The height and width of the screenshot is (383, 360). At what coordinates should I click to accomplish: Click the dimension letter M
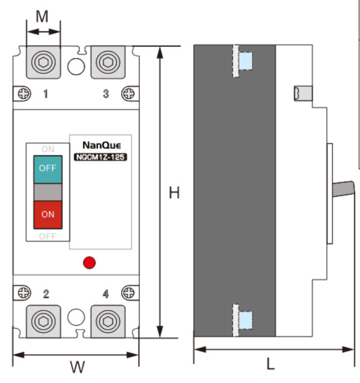[42, 16]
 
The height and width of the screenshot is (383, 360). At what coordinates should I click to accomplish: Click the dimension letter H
[174, 193]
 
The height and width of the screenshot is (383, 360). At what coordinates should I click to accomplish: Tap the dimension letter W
[77, 367]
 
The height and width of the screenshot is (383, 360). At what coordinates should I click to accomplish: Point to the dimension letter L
[270, 364]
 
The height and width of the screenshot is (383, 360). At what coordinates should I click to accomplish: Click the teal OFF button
[48, 168]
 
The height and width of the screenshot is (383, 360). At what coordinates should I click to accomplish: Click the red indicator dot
[89, 262]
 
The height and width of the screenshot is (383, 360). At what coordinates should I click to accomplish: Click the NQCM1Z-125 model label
[100, 158]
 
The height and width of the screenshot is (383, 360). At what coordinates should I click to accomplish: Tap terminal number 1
[46, 94]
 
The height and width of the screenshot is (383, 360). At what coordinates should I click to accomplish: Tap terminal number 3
[106, 94]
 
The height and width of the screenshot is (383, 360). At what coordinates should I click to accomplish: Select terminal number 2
[46, 294]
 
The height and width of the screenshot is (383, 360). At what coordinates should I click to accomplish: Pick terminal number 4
[106, 294]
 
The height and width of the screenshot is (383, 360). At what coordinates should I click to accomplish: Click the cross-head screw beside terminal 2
[23, 293]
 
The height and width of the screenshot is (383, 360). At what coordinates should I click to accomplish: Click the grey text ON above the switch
[48, 149]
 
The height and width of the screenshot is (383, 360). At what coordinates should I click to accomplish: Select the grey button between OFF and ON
[48, 193]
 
